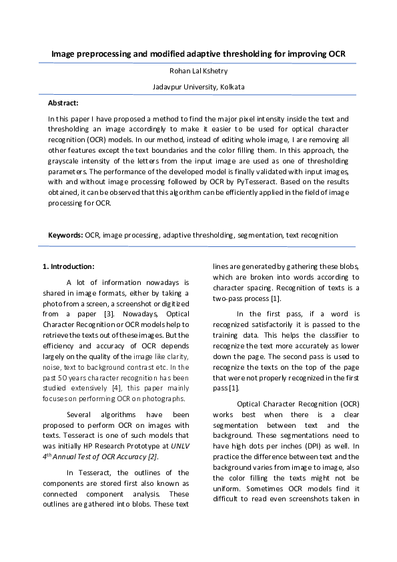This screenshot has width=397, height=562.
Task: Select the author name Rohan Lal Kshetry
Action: [x=198, y=71]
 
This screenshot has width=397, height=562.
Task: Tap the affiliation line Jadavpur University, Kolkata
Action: [x=198, y=87]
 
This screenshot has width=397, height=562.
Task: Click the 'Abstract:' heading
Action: [x=63, y=103]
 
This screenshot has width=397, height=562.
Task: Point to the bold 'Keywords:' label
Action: [x=65, y=235]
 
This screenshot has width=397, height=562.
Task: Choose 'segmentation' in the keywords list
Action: [x=258, y=235]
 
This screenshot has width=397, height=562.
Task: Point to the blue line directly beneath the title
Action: [x=198, y=63]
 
